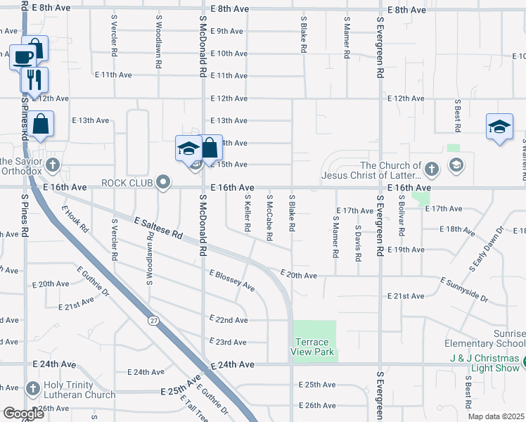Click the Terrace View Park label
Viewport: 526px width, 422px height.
(314, 347)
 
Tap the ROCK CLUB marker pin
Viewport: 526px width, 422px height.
(164, 183)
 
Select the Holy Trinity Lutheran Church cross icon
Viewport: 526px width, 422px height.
(32, 389)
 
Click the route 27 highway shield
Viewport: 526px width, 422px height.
(153, 321)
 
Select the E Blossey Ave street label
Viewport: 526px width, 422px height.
(231, 279)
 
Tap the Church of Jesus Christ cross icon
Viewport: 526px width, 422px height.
(432, 169)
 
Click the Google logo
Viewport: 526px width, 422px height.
(24, 414)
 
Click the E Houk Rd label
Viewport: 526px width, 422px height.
(75, 219)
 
